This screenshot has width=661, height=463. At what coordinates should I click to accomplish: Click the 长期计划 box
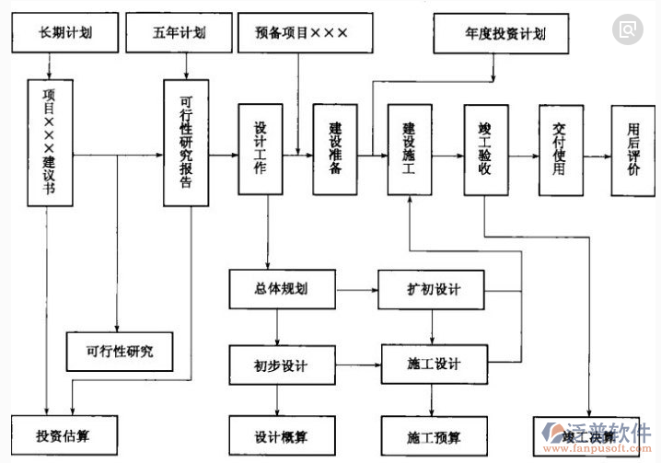pos(65,34)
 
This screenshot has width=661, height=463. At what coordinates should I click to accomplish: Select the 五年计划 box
pos(180,34)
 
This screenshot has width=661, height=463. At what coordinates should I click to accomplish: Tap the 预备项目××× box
pos(301,34)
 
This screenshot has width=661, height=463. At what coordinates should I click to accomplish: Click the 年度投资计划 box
pos(493,34)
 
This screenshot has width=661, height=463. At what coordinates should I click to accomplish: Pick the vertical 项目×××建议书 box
pos(50,142)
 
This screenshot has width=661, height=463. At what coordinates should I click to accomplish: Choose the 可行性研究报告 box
pos(187,142)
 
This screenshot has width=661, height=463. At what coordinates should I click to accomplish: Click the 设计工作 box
pos(261,149)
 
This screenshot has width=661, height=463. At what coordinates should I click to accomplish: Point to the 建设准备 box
pos(334,149)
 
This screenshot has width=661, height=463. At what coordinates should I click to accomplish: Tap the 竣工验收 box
pos(486,149)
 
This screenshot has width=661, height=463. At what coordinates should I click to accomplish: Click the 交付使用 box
pos(559,149)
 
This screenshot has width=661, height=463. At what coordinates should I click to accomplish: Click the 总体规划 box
pos(281,290)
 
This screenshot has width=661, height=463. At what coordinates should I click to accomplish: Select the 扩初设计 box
pos(432,290)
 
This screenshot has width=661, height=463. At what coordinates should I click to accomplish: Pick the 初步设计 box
pos(281,365)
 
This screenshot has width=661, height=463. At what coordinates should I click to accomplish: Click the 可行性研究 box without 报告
pos(120,351)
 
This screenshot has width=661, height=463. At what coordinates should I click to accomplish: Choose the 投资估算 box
pos(64,434)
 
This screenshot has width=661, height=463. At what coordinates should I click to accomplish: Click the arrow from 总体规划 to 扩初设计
pos(355,291)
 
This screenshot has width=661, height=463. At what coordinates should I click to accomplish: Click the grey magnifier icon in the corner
pos(628,30)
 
